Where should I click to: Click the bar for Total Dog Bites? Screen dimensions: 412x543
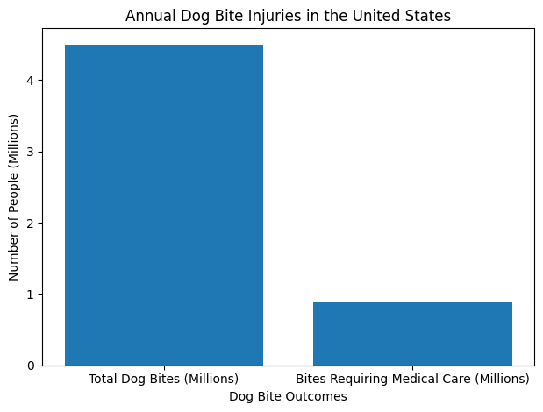pos(164,204)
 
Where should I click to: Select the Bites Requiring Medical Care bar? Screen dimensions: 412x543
pos(412,333)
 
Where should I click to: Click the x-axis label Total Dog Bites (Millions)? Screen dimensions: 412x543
pos(164,380)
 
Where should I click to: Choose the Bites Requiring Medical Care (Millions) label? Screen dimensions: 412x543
pos(412,380)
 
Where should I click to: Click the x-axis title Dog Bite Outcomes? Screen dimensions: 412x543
pos(288,397)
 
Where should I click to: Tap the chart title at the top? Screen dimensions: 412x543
pos(288,16)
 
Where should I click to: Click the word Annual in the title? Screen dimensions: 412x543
pos(146,16)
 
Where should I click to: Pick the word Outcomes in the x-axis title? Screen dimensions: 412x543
pos(318,397)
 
